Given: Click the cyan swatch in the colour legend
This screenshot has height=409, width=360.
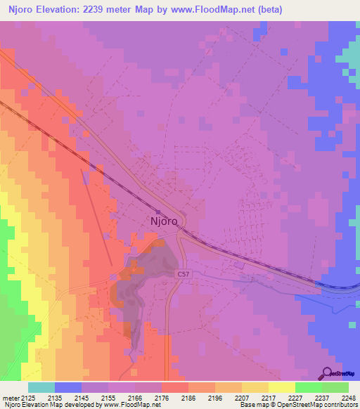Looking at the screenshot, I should coord(41,387).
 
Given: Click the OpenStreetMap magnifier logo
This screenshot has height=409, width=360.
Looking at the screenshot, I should coord(327,374).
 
